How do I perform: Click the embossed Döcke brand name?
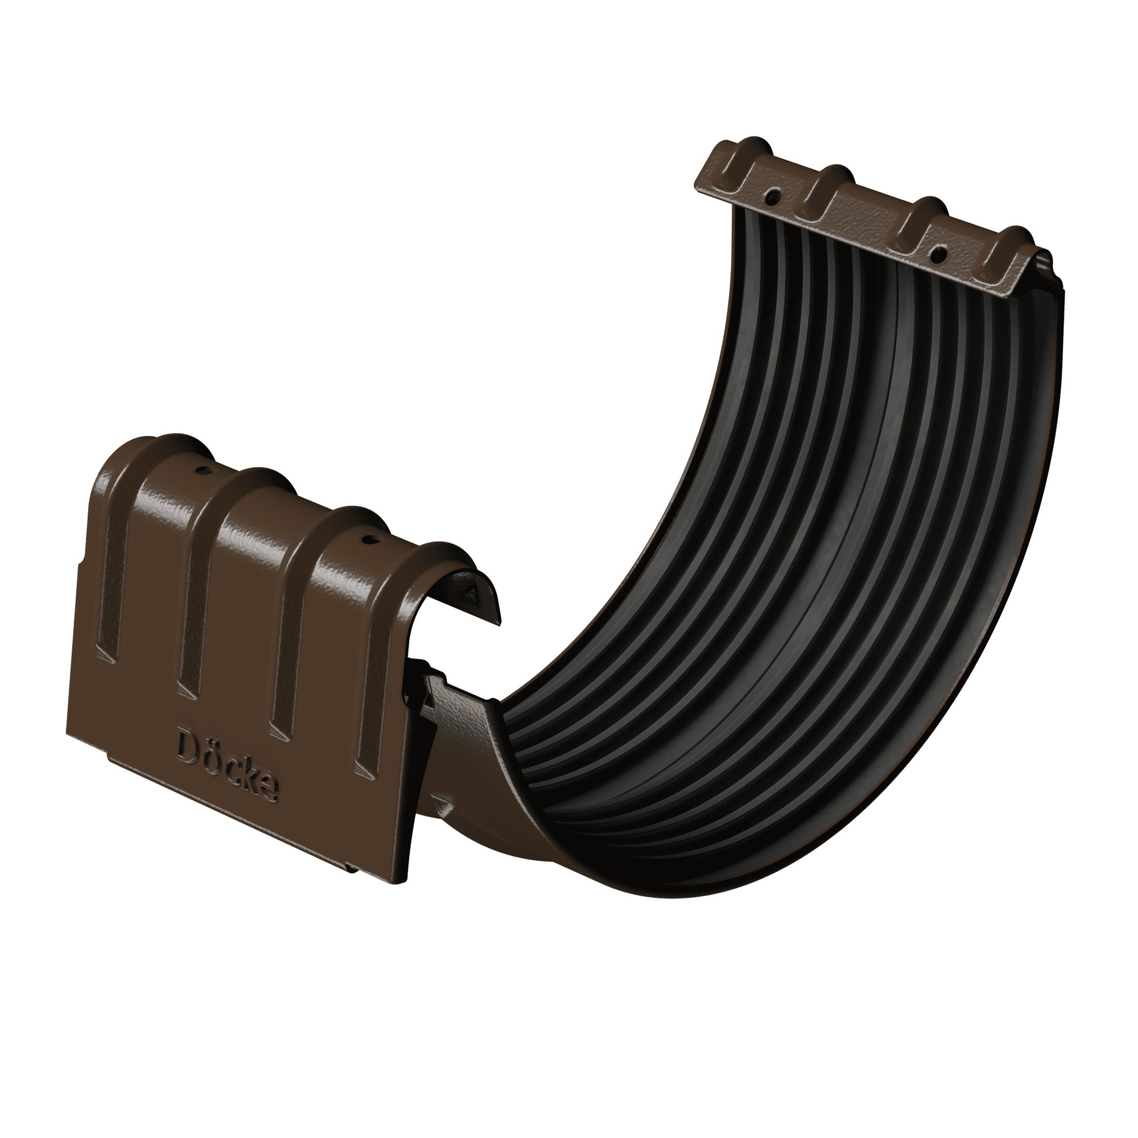coord(227,764)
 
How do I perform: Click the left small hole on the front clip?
coord(203,471)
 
